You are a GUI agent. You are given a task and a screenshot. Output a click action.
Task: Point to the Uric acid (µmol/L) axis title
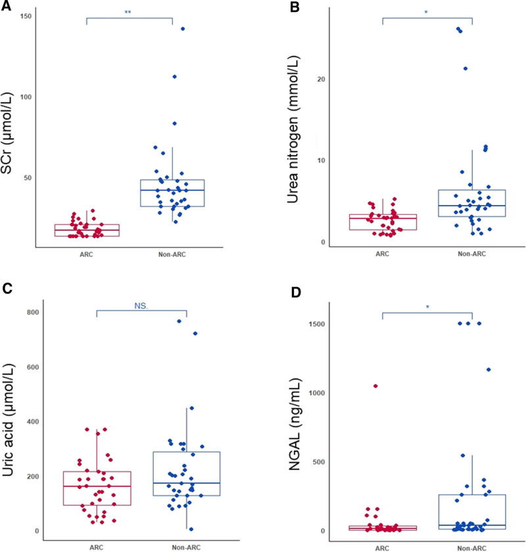pos(11,424)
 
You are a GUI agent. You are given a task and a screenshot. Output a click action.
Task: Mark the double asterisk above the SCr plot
pos(128,12)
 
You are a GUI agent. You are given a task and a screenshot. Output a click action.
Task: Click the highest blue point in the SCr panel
pos(183,29)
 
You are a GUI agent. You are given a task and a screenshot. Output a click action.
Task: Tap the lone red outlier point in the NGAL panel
pos(375,386)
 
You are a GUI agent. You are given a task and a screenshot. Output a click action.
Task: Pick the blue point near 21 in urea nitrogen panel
pos(466,68)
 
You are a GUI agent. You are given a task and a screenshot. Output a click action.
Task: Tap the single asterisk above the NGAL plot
pos(427,306)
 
